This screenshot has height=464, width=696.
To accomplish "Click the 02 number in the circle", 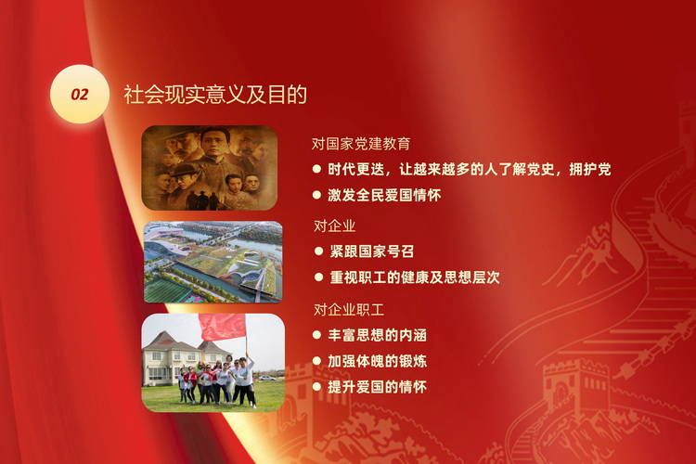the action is tap(80, 94).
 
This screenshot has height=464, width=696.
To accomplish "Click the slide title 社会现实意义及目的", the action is tap(215, 94).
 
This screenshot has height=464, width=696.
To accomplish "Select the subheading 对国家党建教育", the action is tap(361, 144).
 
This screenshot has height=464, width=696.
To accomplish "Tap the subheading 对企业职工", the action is tap(348, 309).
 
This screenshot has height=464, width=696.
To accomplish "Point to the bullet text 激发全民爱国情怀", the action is tap(384, 195).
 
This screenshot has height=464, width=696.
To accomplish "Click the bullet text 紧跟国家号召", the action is tap(371, 251).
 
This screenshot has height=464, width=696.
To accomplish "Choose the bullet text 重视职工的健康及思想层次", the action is tap(415, 277).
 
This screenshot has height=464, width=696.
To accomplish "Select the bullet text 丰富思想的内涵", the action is tap(378, 335).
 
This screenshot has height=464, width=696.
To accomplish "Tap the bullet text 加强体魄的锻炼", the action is tap(378, 361).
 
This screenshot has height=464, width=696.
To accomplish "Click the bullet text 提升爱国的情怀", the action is tap(378, 387).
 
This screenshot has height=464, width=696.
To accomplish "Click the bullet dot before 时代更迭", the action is tap(316, 169).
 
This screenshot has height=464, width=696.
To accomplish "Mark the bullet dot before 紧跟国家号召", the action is tap(318, 251).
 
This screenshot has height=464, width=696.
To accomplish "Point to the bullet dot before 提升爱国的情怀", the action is tap(316, 387).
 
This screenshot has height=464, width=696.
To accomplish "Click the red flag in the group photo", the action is tap(223, 327).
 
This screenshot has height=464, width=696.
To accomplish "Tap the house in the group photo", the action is tap(177, 358).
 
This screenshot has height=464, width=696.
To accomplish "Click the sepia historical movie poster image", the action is tap(210, 168).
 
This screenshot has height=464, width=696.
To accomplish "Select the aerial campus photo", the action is tap(213, 262).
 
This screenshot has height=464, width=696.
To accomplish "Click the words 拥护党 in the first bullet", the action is tap(590, 169).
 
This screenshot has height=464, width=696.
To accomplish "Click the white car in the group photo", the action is tap(266, 379).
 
